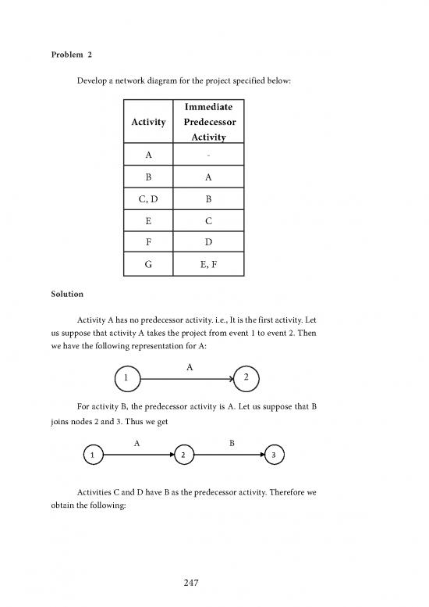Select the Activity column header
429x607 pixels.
(x=149, y=122)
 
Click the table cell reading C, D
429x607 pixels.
(x=149, y=198)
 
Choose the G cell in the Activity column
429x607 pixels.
(x=149, y=265)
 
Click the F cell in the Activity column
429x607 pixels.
(x=149, y=243)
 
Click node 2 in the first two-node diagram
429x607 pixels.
(x=246, y=379)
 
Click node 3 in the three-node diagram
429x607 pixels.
(x=275, y=455)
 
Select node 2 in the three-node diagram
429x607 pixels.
(x=183, y=455)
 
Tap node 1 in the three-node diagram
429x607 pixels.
(x=92, y=455)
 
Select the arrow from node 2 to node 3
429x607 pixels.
(x=229, y=455)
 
